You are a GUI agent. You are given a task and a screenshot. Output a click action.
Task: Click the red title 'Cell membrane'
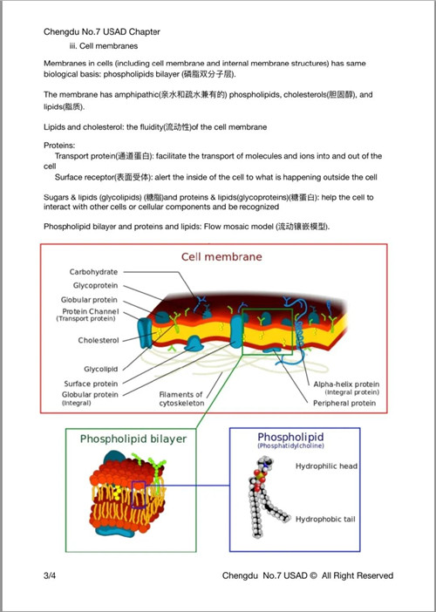tap(221, 257)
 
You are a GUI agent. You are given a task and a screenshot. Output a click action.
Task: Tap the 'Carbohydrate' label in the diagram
tap(93, 272)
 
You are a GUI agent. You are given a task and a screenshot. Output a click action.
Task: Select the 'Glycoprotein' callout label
tap(95, 286)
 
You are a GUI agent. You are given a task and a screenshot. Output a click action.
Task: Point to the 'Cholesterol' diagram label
tap(99, 340)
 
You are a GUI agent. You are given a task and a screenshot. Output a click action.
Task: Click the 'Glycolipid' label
tap(100, 369)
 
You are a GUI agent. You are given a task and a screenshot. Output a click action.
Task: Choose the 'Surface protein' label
tap(91, 384)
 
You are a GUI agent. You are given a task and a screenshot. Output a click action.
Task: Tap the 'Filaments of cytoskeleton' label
tap(181, 399)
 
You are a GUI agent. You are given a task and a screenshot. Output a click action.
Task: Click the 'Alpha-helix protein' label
tap(346, 384)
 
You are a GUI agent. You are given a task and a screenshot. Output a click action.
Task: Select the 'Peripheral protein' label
tap(344, 403)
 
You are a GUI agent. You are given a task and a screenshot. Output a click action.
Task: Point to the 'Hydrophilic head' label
tap(326, 466)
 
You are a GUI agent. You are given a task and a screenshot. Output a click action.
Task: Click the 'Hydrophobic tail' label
tap(325, 519)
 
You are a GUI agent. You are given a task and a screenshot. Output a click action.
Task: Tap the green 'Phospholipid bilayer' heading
tap(133, 439)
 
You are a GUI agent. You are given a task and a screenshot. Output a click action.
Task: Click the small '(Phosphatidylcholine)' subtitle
tap(290, 445)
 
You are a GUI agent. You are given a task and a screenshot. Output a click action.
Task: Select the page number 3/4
tap(50, 575)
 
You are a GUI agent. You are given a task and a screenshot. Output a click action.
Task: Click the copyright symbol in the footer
tap(313, 575)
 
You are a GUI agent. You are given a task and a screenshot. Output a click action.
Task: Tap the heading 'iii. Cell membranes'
tap(104, 46)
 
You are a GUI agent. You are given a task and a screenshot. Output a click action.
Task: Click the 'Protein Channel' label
tap(91, 311)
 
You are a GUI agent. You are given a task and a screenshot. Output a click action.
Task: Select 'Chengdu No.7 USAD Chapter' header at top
tap(102, 32)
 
